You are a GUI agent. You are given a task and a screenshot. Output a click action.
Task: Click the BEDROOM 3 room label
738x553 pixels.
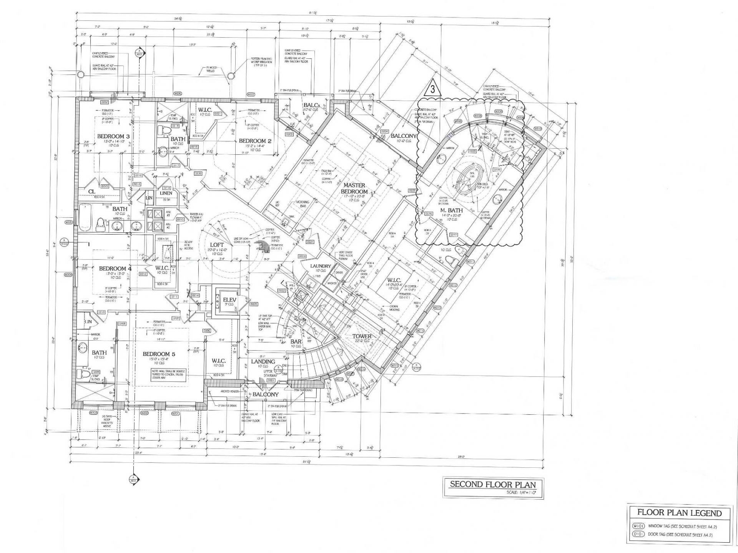coord(113,136)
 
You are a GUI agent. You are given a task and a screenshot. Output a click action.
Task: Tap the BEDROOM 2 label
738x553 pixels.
coord(255,141)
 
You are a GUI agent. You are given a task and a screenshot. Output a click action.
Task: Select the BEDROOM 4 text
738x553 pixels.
coord(115,268)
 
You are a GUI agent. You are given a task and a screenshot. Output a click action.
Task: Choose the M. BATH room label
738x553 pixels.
coord(451,210)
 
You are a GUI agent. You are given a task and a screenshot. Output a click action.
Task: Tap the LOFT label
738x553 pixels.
coord(217,245)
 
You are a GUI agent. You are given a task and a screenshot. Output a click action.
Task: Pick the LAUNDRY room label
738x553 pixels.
coord(321,266)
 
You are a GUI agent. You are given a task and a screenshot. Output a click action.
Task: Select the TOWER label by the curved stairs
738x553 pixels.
coord(362,336)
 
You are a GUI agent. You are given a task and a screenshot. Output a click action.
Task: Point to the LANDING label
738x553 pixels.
coord(263,361)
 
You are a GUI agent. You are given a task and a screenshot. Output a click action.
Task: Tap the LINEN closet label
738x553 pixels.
coord(166,193)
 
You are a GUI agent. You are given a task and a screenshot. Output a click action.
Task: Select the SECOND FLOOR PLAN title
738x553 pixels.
coord(493,484)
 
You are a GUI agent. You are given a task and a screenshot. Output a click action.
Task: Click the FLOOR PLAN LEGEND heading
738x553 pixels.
coord(679,513)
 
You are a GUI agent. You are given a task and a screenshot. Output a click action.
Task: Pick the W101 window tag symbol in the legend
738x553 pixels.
coord(638,527)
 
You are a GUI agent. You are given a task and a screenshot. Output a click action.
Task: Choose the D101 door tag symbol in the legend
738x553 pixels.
coord(638,535)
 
